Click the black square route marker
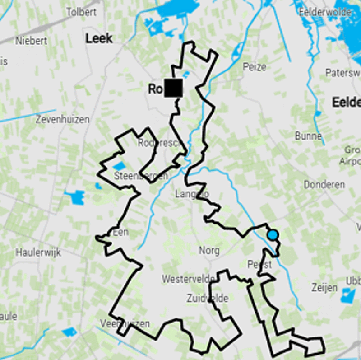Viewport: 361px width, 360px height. (173, 88)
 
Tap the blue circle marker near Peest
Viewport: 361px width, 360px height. (273, 235)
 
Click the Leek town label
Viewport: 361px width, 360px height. (99, 39)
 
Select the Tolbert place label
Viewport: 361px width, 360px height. (82, 12)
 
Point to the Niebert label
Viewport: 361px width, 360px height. (32, 41)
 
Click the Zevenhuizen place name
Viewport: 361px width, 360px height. (63, 120)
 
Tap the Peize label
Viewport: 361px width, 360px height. (255, 67)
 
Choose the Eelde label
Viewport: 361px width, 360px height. (346, 102)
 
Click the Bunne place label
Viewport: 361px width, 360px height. (308, 136)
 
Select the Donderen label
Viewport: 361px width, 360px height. (324, 185)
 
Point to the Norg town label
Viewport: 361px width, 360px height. (209, 250)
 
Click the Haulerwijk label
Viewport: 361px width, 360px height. (38, 252)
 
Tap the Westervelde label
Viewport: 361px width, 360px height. (189, 279)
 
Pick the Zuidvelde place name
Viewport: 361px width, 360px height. (208, 299)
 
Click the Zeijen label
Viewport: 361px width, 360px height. (324, 288)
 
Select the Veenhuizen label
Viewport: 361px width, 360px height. (125, 324)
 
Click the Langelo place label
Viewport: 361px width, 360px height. (192, 194)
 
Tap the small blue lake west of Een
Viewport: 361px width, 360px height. (75, 197)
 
